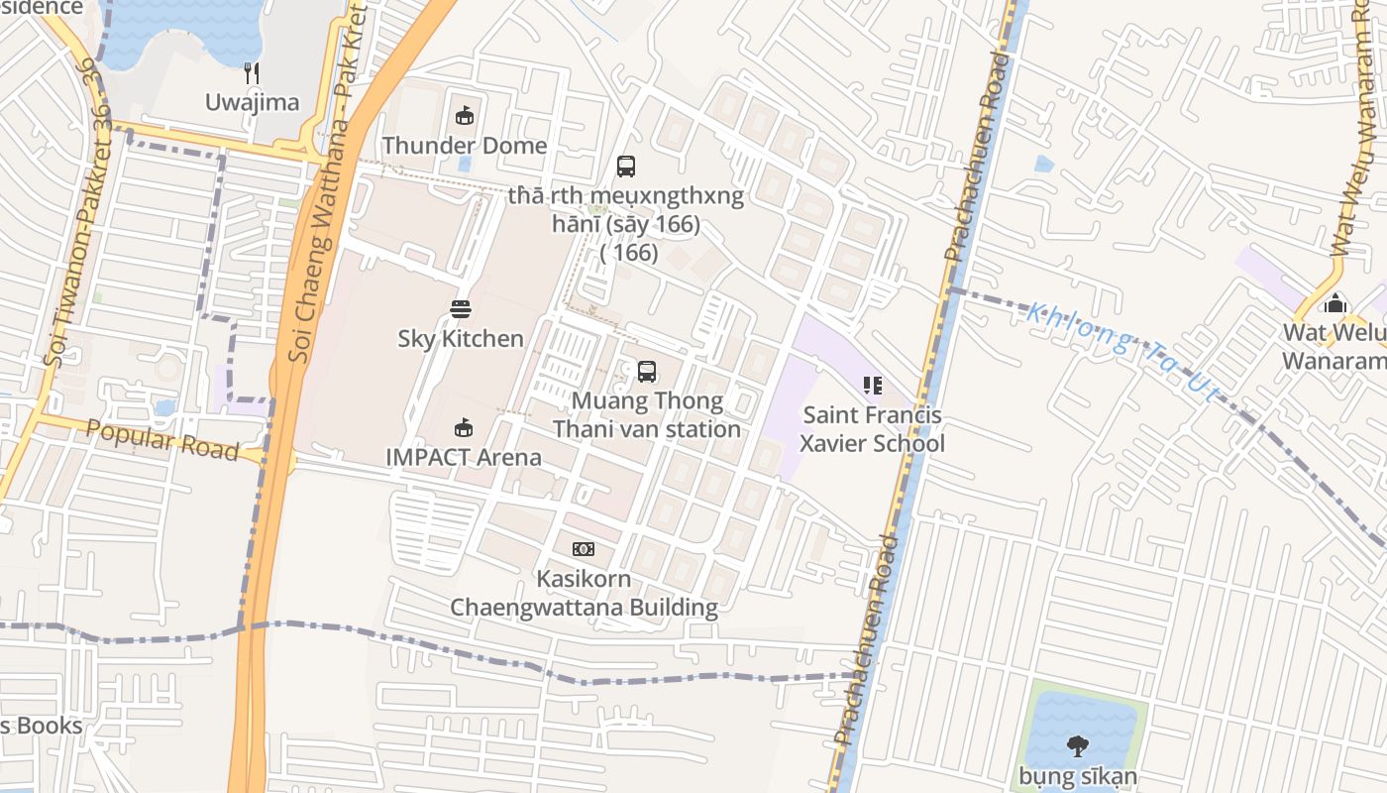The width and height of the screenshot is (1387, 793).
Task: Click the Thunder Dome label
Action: tap(464, 146)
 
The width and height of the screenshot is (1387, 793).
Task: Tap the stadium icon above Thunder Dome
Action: tap(464, 116)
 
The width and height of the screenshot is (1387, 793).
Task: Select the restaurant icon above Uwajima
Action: tap(253, 72)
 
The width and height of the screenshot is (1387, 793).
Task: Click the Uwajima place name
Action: tap(252, 102)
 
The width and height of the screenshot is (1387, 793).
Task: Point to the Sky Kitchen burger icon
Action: tap(461, 309)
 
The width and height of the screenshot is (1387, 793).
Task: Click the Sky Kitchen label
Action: tap(461, 339)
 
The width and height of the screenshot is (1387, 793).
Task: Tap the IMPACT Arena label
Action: tap(464, 457)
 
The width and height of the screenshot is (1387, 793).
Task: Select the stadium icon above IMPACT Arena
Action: tap(463, 427)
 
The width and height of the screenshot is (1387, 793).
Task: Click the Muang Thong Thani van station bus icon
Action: tap(647, 372)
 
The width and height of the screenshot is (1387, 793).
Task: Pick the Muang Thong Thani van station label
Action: tap(647, 415)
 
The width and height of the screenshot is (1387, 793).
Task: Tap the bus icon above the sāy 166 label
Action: tap(626, 167)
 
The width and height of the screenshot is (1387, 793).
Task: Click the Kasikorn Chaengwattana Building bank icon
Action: tap(584, 549)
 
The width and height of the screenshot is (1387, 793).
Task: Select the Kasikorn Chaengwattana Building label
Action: tap(584, 593)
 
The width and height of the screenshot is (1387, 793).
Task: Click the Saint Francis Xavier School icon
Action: tap(873, 386)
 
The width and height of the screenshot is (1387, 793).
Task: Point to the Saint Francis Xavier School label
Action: tap(873, 429)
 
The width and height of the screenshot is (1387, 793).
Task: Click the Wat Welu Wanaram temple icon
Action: tap(1335, 302)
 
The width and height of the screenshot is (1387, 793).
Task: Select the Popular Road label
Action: tap(162, 440)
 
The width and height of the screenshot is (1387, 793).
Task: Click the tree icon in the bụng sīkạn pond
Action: tap(1078, 745)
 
